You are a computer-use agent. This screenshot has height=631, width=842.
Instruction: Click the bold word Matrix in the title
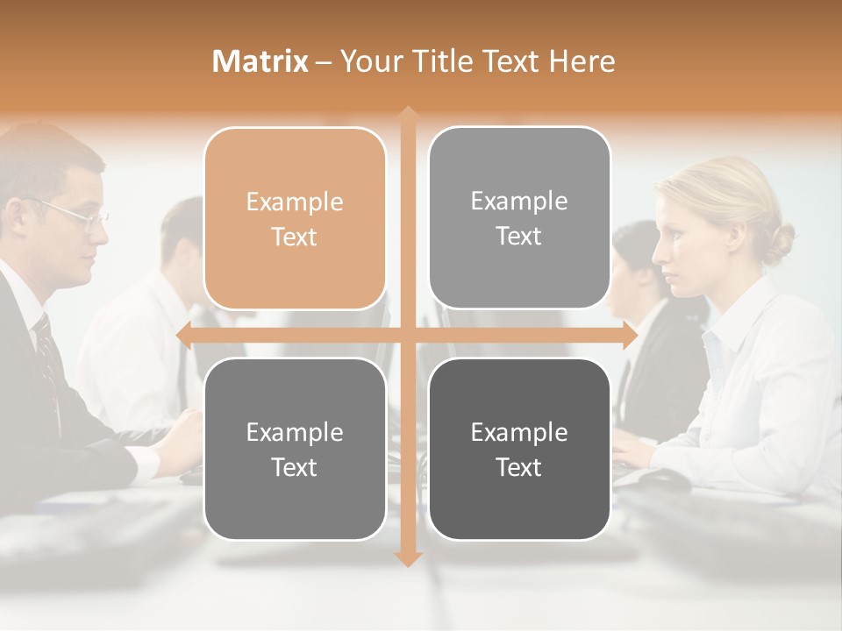click(260, 61)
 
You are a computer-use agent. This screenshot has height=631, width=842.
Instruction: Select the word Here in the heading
click(582, 61)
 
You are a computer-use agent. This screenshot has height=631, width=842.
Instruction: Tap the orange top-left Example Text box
click(295, 218)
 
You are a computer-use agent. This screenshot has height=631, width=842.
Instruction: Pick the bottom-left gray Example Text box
click(295, 449)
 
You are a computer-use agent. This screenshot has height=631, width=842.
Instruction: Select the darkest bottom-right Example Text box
click(519, 449)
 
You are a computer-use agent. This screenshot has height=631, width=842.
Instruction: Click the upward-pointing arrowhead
click(407, 114)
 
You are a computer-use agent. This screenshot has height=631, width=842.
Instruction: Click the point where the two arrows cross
click(407, 336)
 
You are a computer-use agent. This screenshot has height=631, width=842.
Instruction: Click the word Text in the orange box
click(295, 237)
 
